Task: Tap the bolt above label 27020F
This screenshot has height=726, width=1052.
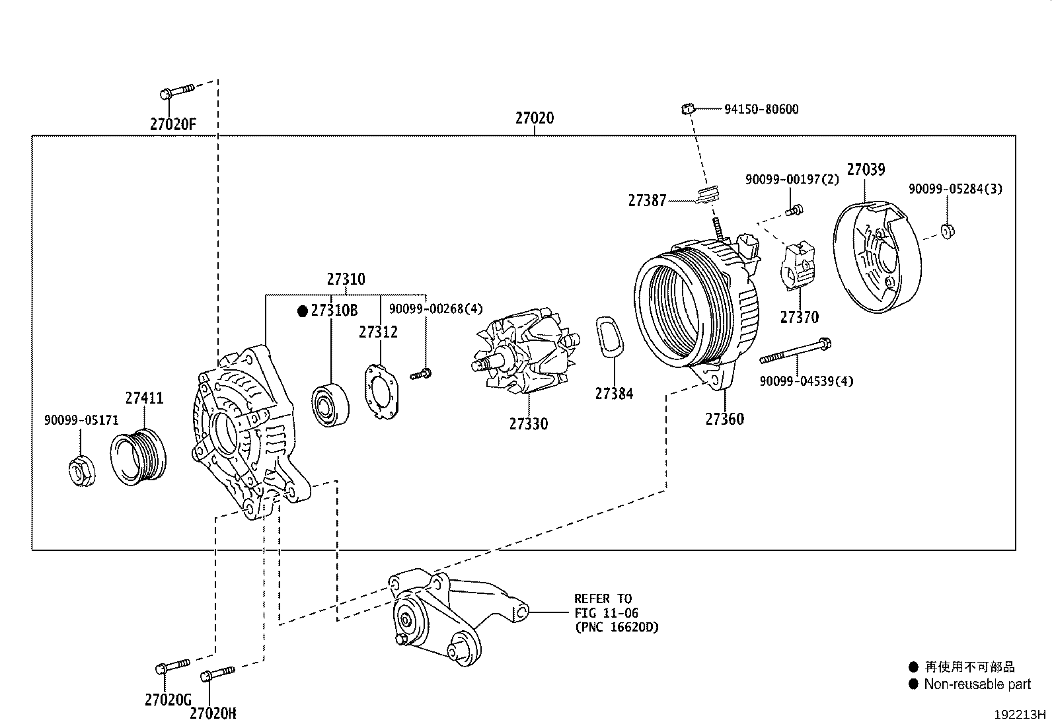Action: [x=176, y=91]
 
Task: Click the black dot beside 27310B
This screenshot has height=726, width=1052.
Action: [x=303, y=310]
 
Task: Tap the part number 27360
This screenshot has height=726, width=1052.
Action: [x=724, y=419]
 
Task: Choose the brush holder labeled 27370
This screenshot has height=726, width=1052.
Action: [x=798, y=266]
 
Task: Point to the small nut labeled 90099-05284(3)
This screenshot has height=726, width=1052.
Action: [x=947, y=231]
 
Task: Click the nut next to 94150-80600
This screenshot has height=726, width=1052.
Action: [x=687, y=108]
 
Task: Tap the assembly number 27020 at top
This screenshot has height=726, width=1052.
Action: [x=534, y=118]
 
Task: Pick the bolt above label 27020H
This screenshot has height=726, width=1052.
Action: [x=217, y=674]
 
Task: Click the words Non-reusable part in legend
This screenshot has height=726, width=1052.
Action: [x=977, y=684]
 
